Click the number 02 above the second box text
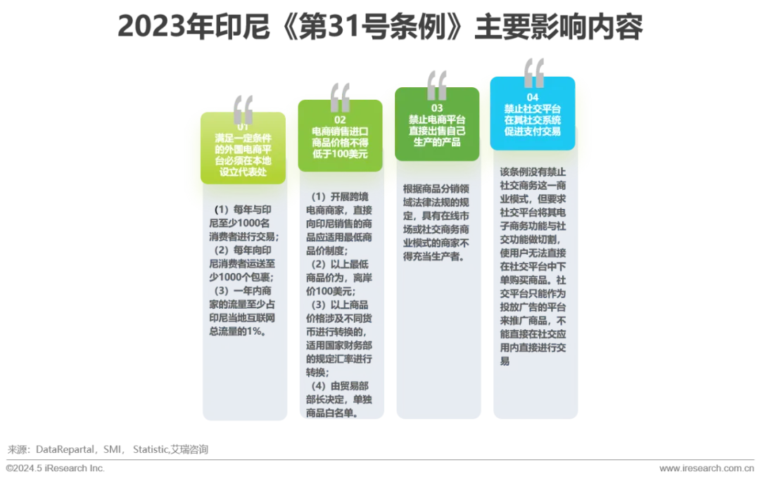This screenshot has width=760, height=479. (x=341, y=121)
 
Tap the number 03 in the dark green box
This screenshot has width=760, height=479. (x=436, y=108)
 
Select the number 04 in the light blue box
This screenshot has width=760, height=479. (x=532, y=97)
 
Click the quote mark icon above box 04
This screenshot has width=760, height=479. (x=533, y=72)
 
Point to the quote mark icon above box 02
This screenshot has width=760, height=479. (x=341, y=96)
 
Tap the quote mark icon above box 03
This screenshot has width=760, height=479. (x=437, y=83)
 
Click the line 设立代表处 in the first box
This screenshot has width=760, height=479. (x=243, y=171)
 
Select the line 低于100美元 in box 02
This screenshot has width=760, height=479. (x=341, y=155)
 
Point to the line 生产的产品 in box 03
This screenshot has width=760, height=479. (x=436, y=142)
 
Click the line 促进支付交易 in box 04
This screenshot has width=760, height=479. (x=533, y=131)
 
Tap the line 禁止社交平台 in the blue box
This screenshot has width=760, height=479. (x=533, y=109)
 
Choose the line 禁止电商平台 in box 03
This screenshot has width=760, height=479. (x=436, y=120)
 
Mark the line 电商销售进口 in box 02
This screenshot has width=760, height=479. (x=341, y=132)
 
